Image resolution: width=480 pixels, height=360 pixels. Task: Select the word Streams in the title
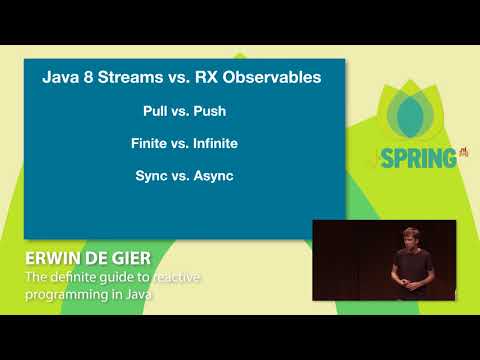tap(134, 77)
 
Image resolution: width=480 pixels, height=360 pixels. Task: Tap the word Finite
tap(150, 143)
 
